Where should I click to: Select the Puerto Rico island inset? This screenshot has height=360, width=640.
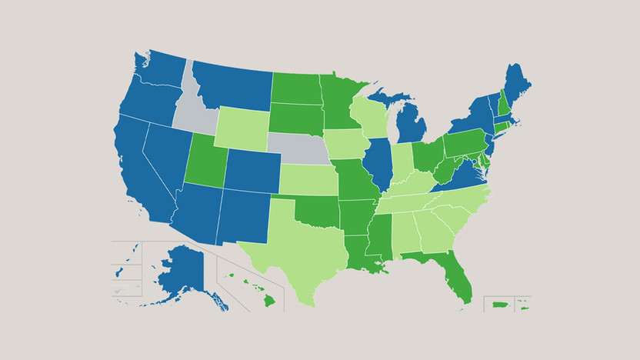point(498,305)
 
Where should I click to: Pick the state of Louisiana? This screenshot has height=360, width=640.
point(357,254)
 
